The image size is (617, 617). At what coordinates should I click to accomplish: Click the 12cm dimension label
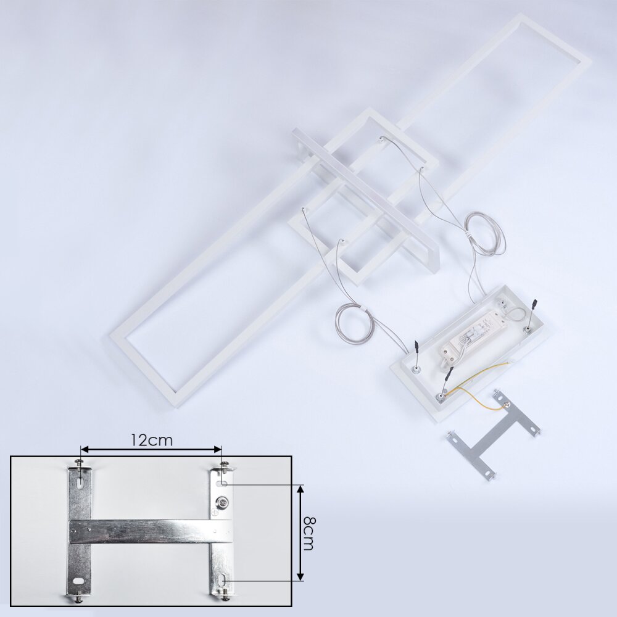coord(152,440)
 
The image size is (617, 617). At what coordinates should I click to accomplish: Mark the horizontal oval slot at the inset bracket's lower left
coord(78,581)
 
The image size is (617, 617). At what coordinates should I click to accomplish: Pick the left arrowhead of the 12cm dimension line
coord(84,449)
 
